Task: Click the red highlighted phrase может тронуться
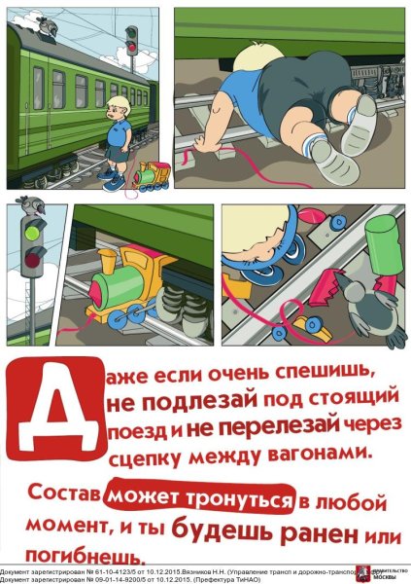point(201,497)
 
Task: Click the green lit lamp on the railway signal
point(32,233)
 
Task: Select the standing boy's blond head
point(120,104)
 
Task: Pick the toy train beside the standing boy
point(151,177)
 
